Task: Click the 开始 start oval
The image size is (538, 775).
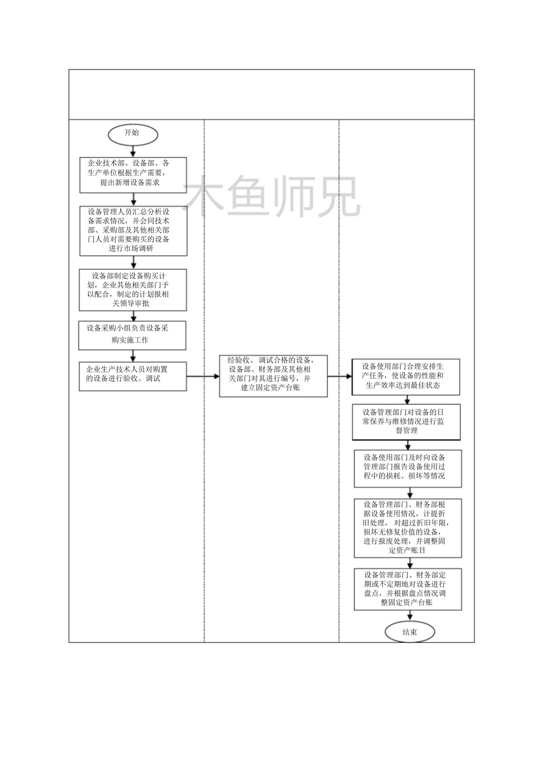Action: pos(133,134)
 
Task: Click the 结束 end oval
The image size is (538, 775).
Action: pos(410,631)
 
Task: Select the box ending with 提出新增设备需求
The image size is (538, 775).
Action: pos(133,175)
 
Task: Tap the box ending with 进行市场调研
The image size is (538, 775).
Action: pos(133,231)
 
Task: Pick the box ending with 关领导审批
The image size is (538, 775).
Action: pos(133,290)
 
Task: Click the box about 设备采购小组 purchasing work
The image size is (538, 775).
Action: pos(132,335)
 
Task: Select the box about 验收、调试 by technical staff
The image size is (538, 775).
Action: pos(133,376)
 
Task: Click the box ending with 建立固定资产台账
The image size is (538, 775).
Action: pos(273,376)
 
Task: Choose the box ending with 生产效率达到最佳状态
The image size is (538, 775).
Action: pos(406,377)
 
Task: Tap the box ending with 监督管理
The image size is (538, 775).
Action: pos(406,422)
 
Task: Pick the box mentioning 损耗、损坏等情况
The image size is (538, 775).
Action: pos(408,469)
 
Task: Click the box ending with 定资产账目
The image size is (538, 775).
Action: pos(408,528)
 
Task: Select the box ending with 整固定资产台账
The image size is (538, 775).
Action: pos(408,589)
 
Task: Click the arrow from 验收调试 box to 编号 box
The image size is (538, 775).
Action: pos(203,376)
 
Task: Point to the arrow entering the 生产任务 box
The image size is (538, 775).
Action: pos(340,376)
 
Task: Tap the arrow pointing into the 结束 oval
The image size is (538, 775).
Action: pos(410,616)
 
